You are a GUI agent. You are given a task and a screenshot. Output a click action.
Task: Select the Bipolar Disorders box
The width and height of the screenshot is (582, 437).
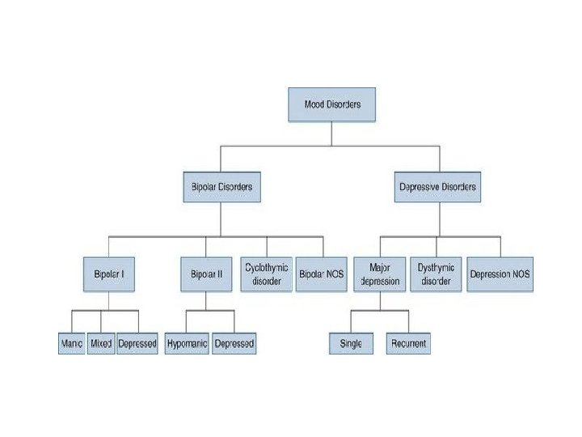click(217, 187)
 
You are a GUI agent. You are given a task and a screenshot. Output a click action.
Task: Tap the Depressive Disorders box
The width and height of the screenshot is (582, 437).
click(437, 187)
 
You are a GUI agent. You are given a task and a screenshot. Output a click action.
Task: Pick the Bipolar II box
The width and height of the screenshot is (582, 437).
click(206, 274)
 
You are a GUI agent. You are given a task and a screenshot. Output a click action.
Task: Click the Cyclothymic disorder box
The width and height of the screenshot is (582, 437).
click(267, 274)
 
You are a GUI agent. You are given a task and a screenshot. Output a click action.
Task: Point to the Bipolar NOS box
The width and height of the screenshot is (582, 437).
click(321, 274)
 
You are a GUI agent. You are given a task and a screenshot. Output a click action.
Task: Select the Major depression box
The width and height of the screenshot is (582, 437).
click(380, 274)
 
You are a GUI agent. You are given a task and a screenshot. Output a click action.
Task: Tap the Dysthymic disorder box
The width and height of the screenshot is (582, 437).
click(436, 274)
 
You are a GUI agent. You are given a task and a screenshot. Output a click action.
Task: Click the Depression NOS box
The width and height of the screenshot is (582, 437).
click(500, 274)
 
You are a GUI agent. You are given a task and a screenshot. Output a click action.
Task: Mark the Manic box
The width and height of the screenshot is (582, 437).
click(72, 343)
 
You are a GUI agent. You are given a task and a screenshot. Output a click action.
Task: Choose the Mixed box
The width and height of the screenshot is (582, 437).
click(101, 343)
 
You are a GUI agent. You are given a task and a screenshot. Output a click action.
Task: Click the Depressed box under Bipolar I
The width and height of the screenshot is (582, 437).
click(137, 343)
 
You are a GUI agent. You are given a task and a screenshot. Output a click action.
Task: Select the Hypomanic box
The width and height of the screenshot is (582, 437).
click(187, 343)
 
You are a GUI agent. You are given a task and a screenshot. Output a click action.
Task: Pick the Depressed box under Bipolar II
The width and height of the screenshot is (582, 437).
click(234, 343)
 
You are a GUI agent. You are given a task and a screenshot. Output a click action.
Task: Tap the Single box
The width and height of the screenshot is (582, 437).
click(351, 343)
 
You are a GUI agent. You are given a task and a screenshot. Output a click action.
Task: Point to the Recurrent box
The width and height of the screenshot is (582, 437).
click(408, 343)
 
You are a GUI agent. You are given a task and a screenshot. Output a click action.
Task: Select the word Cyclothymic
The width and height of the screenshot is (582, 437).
click(267, 267)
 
